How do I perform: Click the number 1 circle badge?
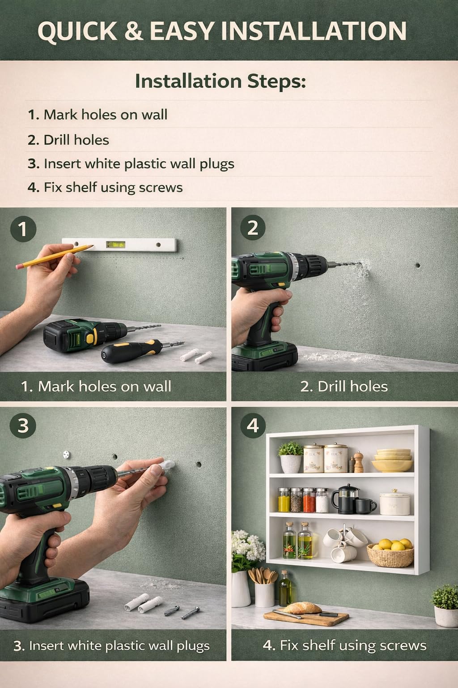(x=23, y=229)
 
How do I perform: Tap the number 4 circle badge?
(x=252, y=426)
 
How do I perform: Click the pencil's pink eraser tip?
(x=19, y=266)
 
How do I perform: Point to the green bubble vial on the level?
(x=115, y=245)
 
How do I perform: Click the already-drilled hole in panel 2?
(x=417, y=265)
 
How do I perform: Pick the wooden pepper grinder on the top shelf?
(x=358, y=462)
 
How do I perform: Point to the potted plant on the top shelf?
(x=290, y=457)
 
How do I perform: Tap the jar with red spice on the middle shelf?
(x=309, y=500)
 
